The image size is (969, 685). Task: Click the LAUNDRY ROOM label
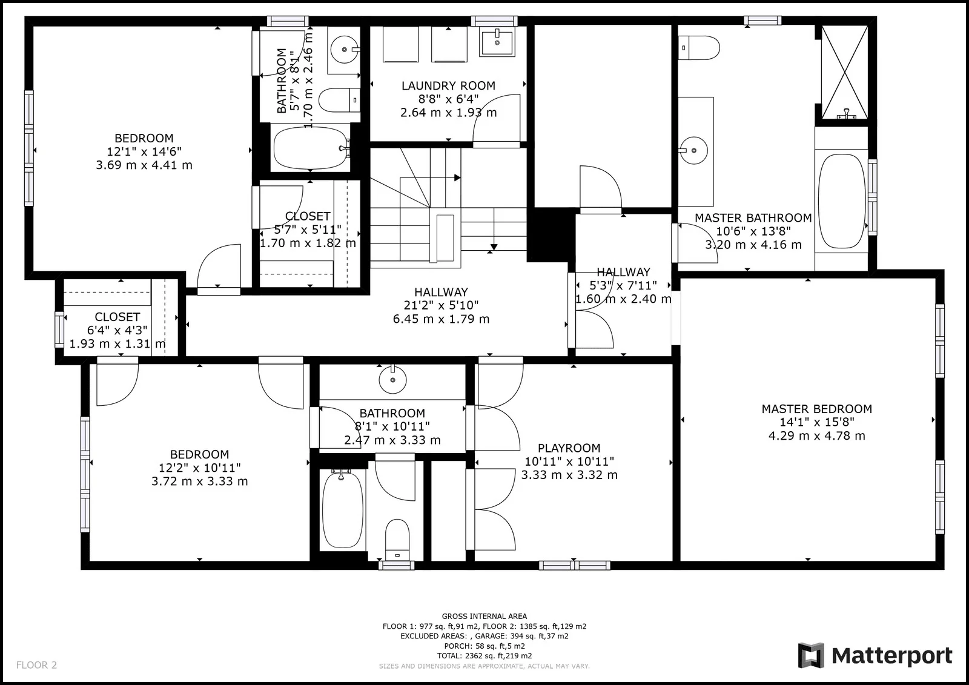448,85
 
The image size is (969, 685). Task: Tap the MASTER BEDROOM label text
817,409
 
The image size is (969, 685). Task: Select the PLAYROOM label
569,448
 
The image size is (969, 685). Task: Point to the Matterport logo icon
811,655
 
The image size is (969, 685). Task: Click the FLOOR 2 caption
36,664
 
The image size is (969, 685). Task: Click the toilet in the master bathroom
699,48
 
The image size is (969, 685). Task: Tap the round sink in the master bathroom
693,150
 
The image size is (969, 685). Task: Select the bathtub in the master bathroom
841,201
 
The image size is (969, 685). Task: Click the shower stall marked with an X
844,72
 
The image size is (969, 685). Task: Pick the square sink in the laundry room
497,42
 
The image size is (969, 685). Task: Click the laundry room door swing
496,119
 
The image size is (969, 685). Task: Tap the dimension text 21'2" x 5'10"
441,305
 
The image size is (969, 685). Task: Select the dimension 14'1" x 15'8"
817,422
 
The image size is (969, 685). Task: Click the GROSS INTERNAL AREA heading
484,616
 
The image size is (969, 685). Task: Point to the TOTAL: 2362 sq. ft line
484,655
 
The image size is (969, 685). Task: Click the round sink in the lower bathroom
392,380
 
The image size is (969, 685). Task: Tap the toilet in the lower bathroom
397,540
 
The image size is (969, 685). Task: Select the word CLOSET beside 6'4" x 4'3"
117,317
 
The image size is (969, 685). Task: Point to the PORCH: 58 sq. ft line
484,646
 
